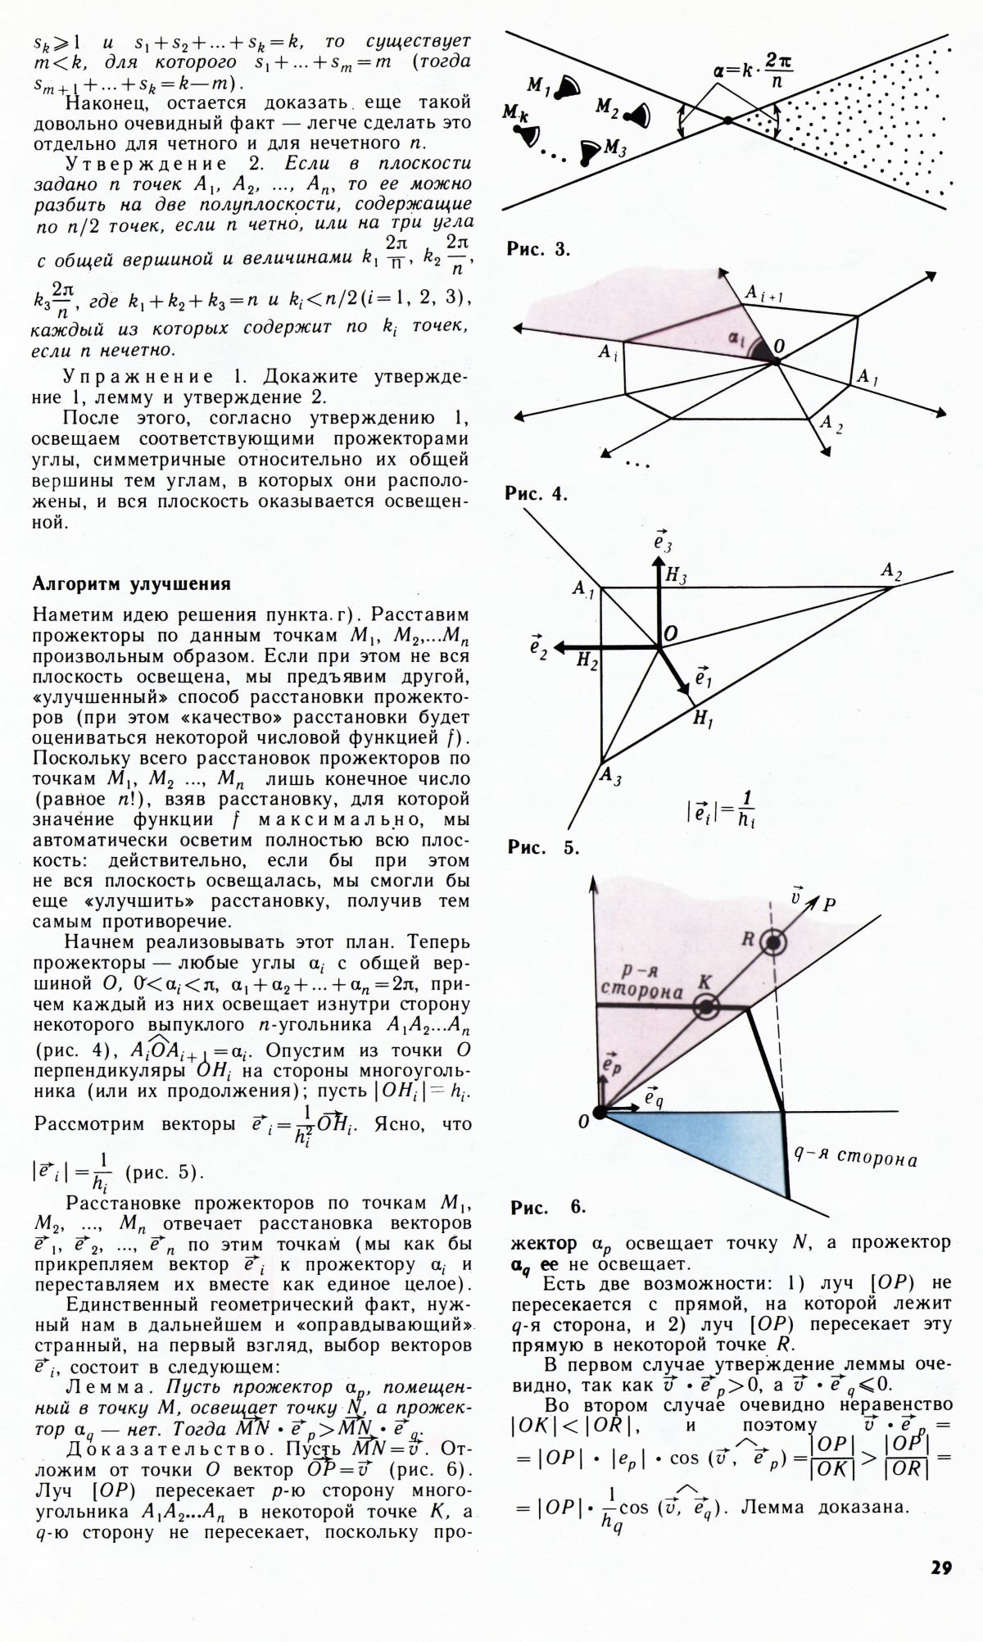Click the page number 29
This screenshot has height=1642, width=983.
pyautogui.click(x=940, y=1568)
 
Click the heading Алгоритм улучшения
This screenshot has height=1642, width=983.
pyautogui.click(x=131, y=584)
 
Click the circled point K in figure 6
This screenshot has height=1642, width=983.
pyautogui.click(x=705, y=1007)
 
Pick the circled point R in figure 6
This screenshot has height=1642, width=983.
pyautogui.click(x=772, y=942)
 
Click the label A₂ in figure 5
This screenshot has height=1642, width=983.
pyautogui.click(x=891, y=572)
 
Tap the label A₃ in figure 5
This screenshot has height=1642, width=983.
pyautogui.click(x=609, y=775)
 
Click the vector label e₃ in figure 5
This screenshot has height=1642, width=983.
pyautogui.click(x=663, y=541)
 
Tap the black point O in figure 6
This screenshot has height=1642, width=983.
pyautogui.click(x=600, y=1112)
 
